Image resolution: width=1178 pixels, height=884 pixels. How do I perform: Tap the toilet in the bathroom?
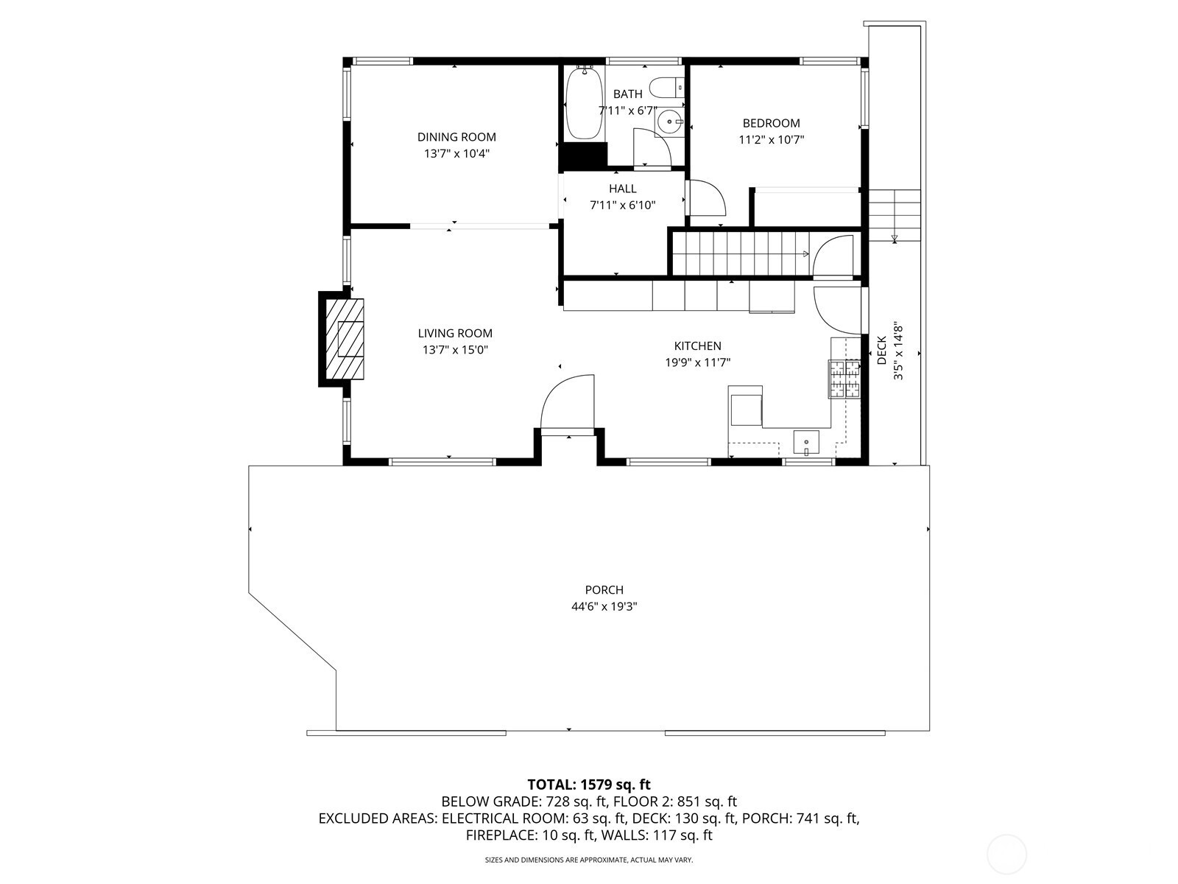coord(667,88)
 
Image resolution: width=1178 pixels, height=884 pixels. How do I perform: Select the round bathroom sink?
coord(670,122)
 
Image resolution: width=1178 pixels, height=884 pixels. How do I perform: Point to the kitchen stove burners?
coord(845,379)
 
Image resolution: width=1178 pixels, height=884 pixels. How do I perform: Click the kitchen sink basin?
coord(806,442)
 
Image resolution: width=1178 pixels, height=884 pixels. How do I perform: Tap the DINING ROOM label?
coord(456,137)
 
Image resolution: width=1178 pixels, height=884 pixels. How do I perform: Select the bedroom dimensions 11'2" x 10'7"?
coord(771,140)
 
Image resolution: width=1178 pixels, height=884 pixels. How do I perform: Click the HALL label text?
coord(623,189)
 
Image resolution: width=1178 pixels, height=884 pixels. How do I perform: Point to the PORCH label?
coord(604,590)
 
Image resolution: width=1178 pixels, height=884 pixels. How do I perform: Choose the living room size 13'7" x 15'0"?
coord(455,350)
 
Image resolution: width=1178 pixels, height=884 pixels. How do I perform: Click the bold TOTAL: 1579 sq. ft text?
coord(589,785)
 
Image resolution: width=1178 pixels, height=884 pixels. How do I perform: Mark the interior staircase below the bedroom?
coord(741,254)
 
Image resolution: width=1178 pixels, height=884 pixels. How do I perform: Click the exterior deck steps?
coord(894,215)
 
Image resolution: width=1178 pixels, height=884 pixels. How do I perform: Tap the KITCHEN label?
coord(698,346)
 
